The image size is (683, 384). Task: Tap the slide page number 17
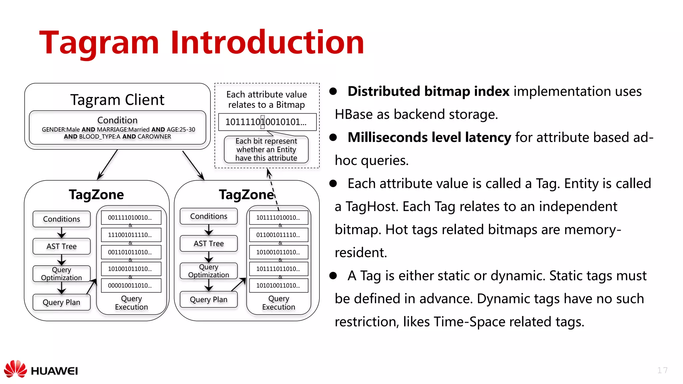point(662,370)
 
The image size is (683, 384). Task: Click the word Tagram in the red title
point(99,43)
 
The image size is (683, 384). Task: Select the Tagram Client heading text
point(117,100)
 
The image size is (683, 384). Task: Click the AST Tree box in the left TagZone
point(62,246)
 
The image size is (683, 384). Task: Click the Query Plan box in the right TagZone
point(208,299)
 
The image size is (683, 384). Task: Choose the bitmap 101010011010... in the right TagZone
point(278,285)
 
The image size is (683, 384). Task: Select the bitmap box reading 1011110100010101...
point(267,122)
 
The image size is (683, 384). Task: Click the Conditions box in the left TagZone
point(62,219)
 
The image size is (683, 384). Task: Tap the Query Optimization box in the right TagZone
point(208,271)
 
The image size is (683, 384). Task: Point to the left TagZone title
point(96,194)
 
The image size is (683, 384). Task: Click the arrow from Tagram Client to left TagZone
point(107,165)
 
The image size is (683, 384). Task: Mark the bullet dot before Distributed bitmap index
point(333,91)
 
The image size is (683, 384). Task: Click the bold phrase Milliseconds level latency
point(429,137)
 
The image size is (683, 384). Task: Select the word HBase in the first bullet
point(354,114)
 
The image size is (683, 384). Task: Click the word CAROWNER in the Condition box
point(154,137)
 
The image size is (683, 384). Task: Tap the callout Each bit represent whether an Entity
point(266,149)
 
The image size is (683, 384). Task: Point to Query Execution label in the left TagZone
point(131,303)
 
